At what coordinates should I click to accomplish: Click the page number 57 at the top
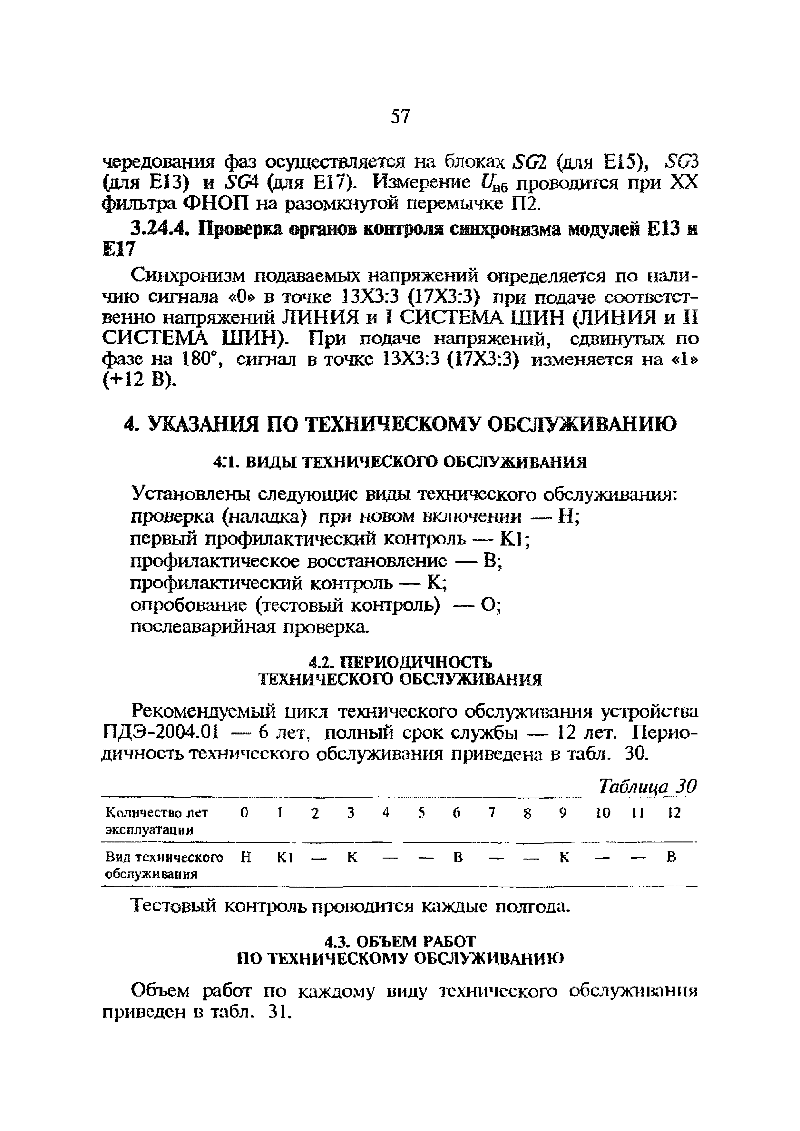pos(400,117)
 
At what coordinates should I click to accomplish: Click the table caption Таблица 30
pos(647,787)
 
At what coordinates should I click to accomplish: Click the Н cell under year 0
pos(246,858)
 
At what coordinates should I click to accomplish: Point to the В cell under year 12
pos(671,858)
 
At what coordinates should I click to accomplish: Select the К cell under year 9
pos(564,858)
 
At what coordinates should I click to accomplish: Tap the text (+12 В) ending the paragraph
pos(138,381)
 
